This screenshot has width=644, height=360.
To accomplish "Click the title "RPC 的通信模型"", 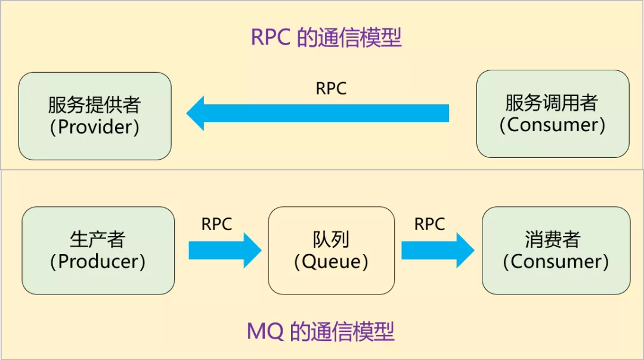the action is [x=326, y=38].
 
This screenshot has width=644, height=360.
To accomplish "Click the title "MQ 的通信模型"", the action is [x=321, y=331].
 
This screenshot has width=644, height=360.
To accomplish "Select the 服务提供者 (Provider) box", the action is [x=95, y=116].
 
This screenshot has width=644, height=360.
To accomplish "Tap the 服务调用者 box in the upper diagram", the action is [x=553, y=114].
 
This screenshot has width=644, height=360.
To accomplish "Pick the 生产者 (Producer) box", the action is [x=98, y=250].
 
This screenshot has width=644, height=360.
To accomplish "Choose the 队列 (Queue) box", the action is [x=332, y=250].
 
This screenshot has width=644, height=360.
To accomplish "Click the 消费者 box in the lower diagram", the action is [x=556, y=250].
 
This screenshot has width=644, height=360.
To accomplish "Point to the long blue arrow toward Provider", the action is [x=317, y=113].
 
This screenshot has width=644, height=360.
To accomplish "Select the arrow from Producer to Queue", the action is [x=225, y=250].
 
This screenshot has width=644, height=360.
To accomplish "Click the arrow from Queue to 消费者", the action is [x=438, y=250].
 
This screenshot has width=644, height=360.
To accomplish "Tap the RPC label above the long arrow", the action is [x=331, y=89].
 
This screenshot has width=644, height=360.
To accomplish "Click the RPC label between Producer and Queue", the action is [x=216, y=224].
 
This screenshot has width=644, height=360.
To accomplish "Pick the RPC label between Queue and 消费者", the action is [x=429, y=224].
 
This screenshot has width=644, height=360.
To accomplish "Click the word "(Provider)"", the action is [x=94, y=127].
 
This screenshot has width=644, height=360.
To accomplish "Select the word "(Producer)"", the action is [x=98, y=262].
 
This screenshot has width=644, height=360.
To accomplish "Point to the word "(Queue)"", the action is [x=331, y=262].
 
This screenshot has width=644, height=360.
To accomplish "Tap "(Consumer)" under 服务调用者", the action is [x=552, y=125].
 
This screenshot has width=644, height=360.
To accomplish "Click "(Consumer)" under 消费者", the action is [x=556, y=262].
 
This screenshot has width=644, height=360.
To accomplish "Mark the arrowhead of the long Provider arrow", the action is [x=187, y=113].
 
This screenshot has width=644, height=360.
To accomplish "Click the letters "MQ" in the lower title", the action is [x=265, y=331].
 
